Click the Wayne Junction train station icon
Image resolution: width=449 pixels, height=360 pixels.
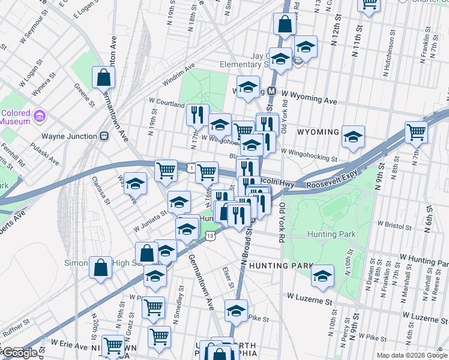[104, 136]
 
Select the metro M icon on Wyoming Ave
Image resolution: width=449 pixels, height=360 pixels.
[271, 91]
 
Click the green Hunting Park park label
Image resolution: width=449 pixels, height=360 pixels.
[331, 234]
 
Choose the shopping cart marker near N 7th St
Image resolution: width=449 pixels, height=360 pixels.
[416, 132]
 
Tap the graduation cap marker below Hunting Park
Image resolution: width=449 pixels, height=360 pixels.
[322, 276]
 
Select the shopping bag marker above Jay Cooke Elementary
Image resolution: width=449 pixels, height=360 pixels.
[285, 24]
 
